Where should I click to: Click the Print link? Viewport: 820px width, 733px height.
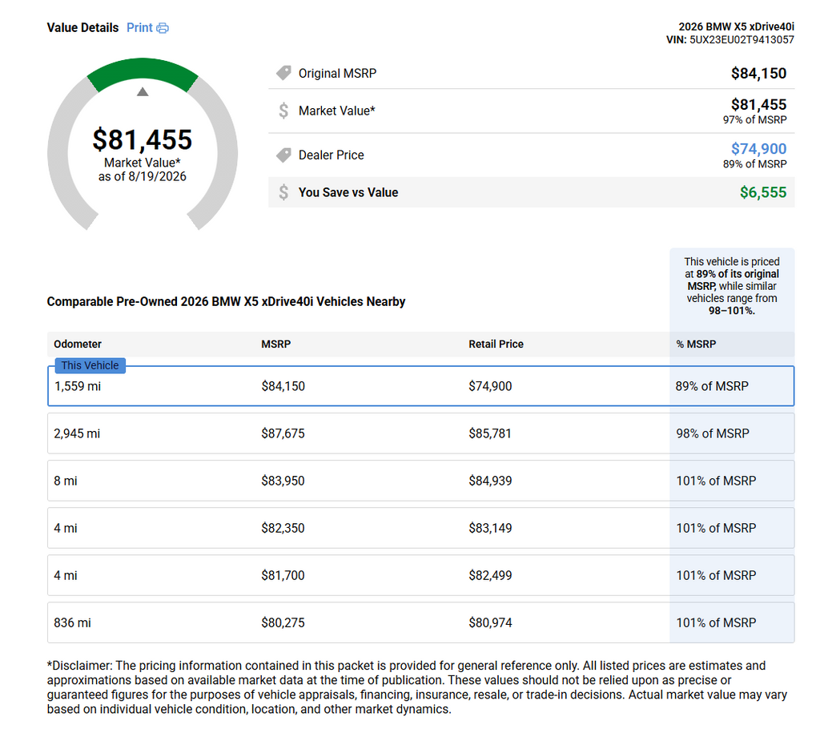coord(139,28)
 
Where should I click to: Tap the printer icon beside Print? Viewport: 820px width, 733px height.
coord(163,28)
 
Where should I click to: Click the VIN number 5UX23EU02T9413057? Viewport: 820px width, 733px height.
coord(742,40)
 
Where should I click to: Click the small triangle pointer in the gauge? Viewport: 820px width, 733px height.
coord(143,92)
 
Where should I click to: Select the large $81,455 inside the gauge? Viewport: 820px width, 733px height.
coord(143,139)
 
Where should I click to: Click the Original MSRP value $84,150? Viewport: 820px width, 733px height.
coord(759,73)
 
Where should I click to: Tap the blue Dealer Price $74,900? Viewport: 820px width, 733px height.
coord(759,149)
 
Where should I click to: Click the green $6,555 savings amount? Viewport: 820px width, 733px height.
coord(763,192)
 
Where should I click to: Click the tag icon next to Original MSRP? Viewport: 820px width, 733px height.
coord(283,73)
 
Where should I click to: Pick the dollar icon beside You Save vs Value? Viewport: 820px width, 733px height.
coord(283,192)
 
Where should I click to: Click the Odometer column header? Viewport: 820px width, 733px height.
coord(78,344)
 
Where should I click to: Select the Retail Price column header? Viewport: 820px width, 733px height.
coord(496,344)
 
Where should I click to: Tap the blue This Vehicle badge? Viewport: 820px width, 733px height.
coord(90,365)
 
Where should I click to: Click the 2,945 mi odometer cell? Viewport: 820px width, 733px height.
coord(77,433)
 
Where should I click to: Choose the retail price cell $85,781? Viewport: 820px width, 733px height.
coord(490,433)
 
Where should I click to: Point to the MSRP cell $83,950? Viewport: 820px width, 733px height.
coord(283,481)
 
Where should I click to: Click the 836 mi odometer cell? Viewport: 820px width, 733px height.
coord(72,623)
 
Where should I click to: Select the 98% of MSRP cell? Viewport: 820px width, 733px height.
coord(712,433)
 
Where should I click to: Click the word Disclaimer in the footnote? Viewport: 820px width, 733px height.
coord(82,666)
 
